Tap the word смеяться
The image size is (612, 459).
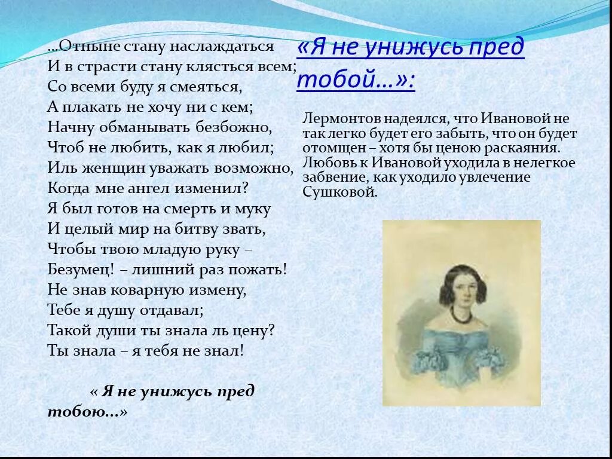click(208, 87)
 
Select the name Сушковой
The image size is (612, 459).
click(340, 192)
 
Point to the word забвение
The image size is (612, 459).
click(330, 177)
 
